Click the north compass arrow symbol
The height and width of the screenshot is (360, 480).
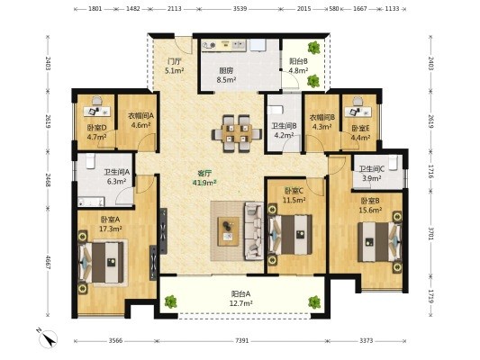coord(49,338)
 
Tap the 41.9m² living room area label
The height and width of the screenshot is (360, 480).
coord(204,183)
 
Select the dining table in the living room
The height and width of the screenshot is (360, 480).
coord(237,133)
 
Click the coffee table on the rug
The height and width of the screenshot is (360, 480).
coord(228,231)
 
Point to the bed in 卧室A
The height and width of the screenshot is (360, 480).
coord(102,262)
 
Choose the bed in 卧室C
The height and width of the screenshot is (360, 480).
coord(290,234)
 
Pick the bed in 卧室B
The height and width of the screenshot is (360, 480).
coord(380,241)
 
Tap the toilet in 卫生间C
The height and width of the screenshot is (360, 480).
coord(393,162)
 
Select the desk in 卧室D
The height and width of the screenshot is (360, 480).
coord(96,112)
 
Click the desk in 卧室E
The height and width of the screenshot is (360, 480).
coord(358,112)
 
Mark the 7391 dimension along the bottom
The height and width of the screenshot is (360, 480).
coord(242,341)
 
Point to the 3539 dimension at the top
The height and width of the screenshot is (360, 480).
coord(240,9)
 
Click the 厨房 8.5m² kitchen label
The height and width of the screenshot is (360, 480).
coord(226,76)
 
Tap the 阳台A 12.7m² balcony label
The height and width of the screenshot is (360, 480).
coord(241,299)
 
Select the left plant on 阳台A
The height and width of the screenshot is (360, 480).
coord(171,301)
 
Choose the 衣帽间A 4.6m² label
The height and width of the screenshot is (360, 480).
coord(140,121)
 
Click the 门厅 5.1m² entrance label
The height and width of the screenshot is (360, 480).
coord(174,66)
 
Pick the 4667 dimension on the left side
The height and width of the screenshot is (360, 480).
coord(48,262)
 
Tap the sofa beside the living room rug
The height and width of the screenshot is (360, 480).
coord(254,231)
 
